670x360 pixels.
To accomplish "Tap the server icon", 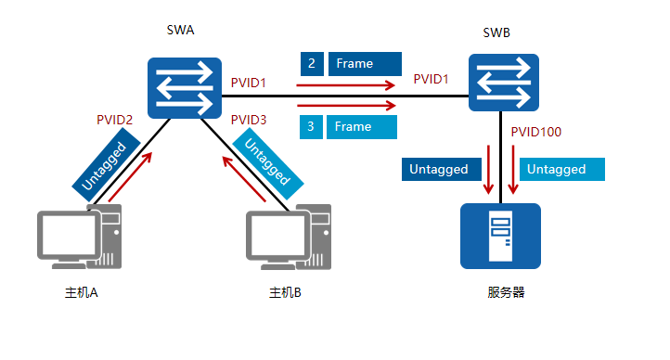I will click(500, 237).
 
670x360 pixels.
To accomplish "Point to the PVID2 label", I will click(115, 120).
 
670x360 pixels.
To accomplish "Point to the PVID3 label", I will click(249, 120).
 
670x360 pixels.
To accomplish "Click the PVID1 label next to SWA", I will click(249, 84).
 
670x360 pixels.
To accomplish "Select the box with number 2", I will click(312, 64).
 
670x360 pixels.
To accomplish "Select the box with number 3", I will click(312, 126).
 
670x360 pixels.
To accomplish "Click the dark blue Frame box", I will click(364, 64).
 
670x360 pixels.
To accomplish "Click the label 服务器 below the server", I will click(506, 292).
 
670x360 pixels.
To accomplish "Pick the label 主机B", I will click(286, 293).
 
